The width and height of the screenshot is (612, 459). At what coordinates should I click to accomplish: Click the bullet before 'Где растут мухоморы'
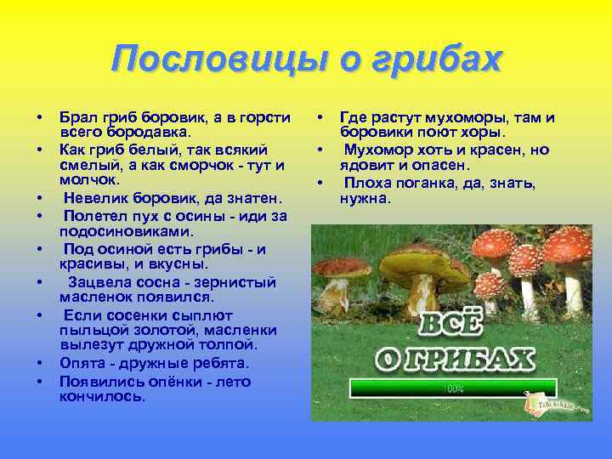tap(320, 117)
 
